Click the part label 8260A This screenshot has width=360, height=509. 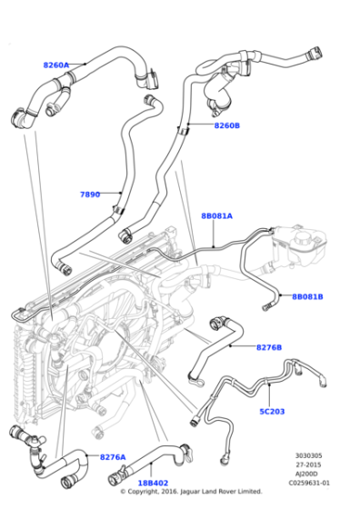coord(56,65)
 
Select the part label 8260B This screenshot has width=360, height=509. coord(226,125)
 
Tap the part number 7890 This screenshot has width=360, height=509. coord(90,194)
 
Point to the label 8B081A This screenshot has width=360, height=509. coord(216,215)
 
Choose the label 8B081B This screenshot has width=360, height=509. coord(307,296)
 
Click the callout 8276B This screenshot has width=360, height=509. coord(268,347)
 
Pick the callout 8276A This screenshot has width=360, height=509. coord(113,456)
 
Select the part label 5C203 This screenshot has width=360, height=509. coord(272,411)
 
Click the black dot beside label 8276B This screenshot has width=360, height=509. coord(234,346)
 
